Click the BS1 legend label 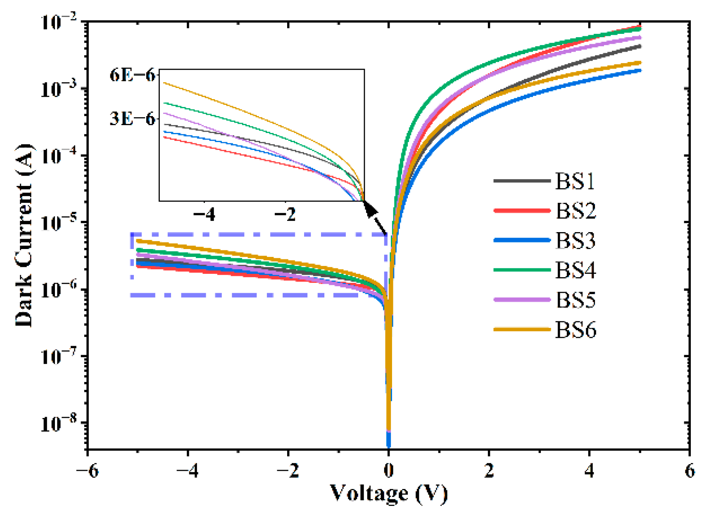(x=575, y=181)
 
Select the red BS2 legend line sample (x=522, y=211)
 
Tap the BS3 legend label (x=575, y=240)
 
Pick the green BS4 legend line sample (x=522, y=270)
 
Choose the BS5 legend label (x=575, y=300)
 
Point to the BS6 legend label (x=575, y=330)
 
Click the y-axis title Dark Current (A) (x=24, y=235)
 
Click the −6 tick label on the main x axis (x=88, y=471)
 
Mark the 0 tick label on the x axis (x=388, y=471)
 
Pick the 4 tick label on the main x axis (x=589, y=471)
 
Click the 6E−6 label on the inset (x=132, y=75)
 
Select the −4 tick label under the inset (x=204, y=214)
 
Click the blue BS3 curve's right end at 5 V (x=640, y=71)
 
